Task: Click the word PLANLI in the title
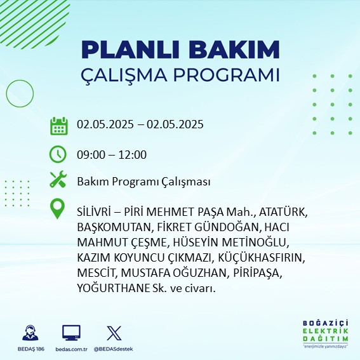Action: coord(130,50)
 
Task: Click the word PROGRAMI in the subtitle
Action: coord(227,75)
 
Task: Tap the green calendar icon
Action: coord(59,126)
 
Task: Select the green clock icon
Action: coord(58,154)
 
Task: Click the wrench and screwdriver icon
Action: coord(58,179)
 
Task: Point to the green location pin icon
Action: coord(57,208)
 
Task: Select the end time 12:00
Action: coord(133,155)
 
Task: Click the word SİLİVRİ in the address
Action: coord(94,211)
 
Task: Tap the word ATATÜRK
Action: coord(283,211)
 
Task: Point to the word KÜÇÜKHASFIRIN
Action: coord(262,258)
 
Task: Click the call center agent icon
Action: coord(30,333)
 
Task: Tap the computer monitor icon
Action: coord(71,333)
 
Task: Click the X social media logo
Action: coord(114,333)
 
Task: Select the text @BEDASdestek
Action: coord(114,349)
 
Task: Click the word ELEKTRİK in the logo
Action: coord(325,331)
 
